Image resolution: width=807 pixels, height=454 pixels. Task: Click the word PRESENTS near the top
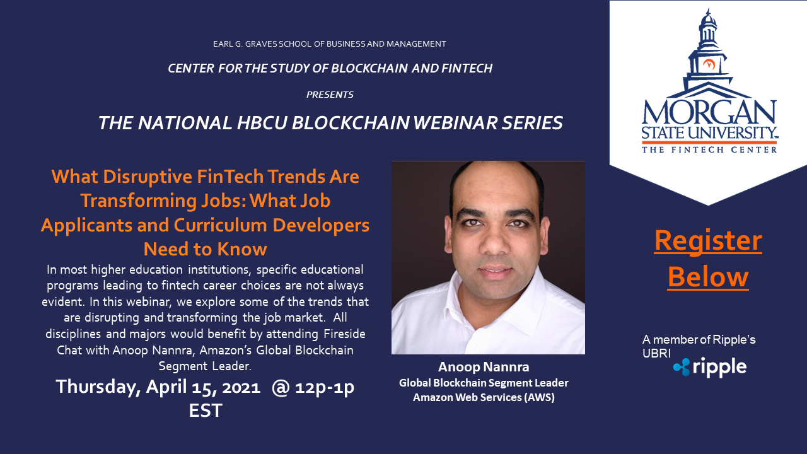330,95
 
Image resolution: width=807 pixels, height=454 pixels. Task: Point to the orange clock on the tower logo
709,64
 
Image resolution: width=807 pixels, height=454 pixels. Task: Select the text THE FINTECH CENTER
709,149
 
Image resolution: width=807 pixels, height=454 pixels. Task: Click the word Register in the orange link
708,240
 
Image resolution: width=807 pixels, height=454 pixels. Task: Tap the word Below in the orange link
708,277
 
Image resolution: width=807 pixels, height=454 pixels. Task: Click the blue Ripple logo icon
682,367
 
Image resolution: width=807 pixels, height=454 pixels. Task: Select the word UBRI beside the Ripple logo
656,354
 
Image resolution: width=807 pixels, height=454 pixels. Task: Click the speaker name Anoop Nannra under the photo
484,367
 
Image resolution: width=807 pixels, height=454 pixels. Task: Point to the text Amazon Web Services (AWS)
484,397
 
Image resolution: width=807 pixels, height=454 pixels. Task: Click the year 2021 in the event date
241,387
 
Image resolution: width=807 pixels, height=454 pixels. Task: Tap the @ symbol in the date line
281,388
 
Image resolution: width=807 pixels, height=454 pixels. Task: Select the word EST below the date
206,410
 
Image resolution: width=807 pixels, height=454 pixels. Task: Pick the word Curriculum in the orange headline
221,225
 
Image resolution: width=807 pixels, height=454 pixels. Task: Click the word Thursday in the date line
98,387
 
